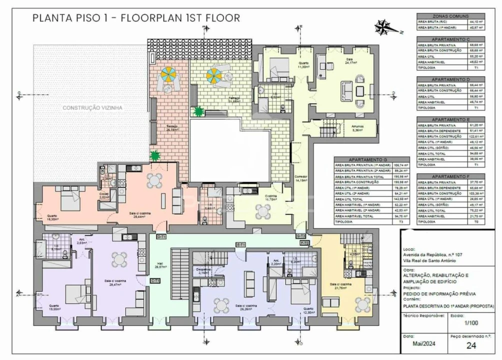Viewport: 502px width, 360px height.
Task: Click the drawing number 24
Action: (470, 345)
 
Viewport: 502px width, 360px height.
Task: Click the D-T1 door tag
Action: (161, 236)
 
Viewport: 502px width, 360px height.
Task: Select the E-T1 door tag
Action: (240, 244)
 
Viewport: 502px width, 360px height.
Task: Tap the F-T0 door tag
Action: (304, 242)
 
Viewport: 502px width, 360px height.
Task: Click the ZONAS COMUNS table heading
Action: (450, 16)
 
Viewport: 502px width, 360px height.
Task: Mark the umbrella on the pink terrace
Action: (166, 75)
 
